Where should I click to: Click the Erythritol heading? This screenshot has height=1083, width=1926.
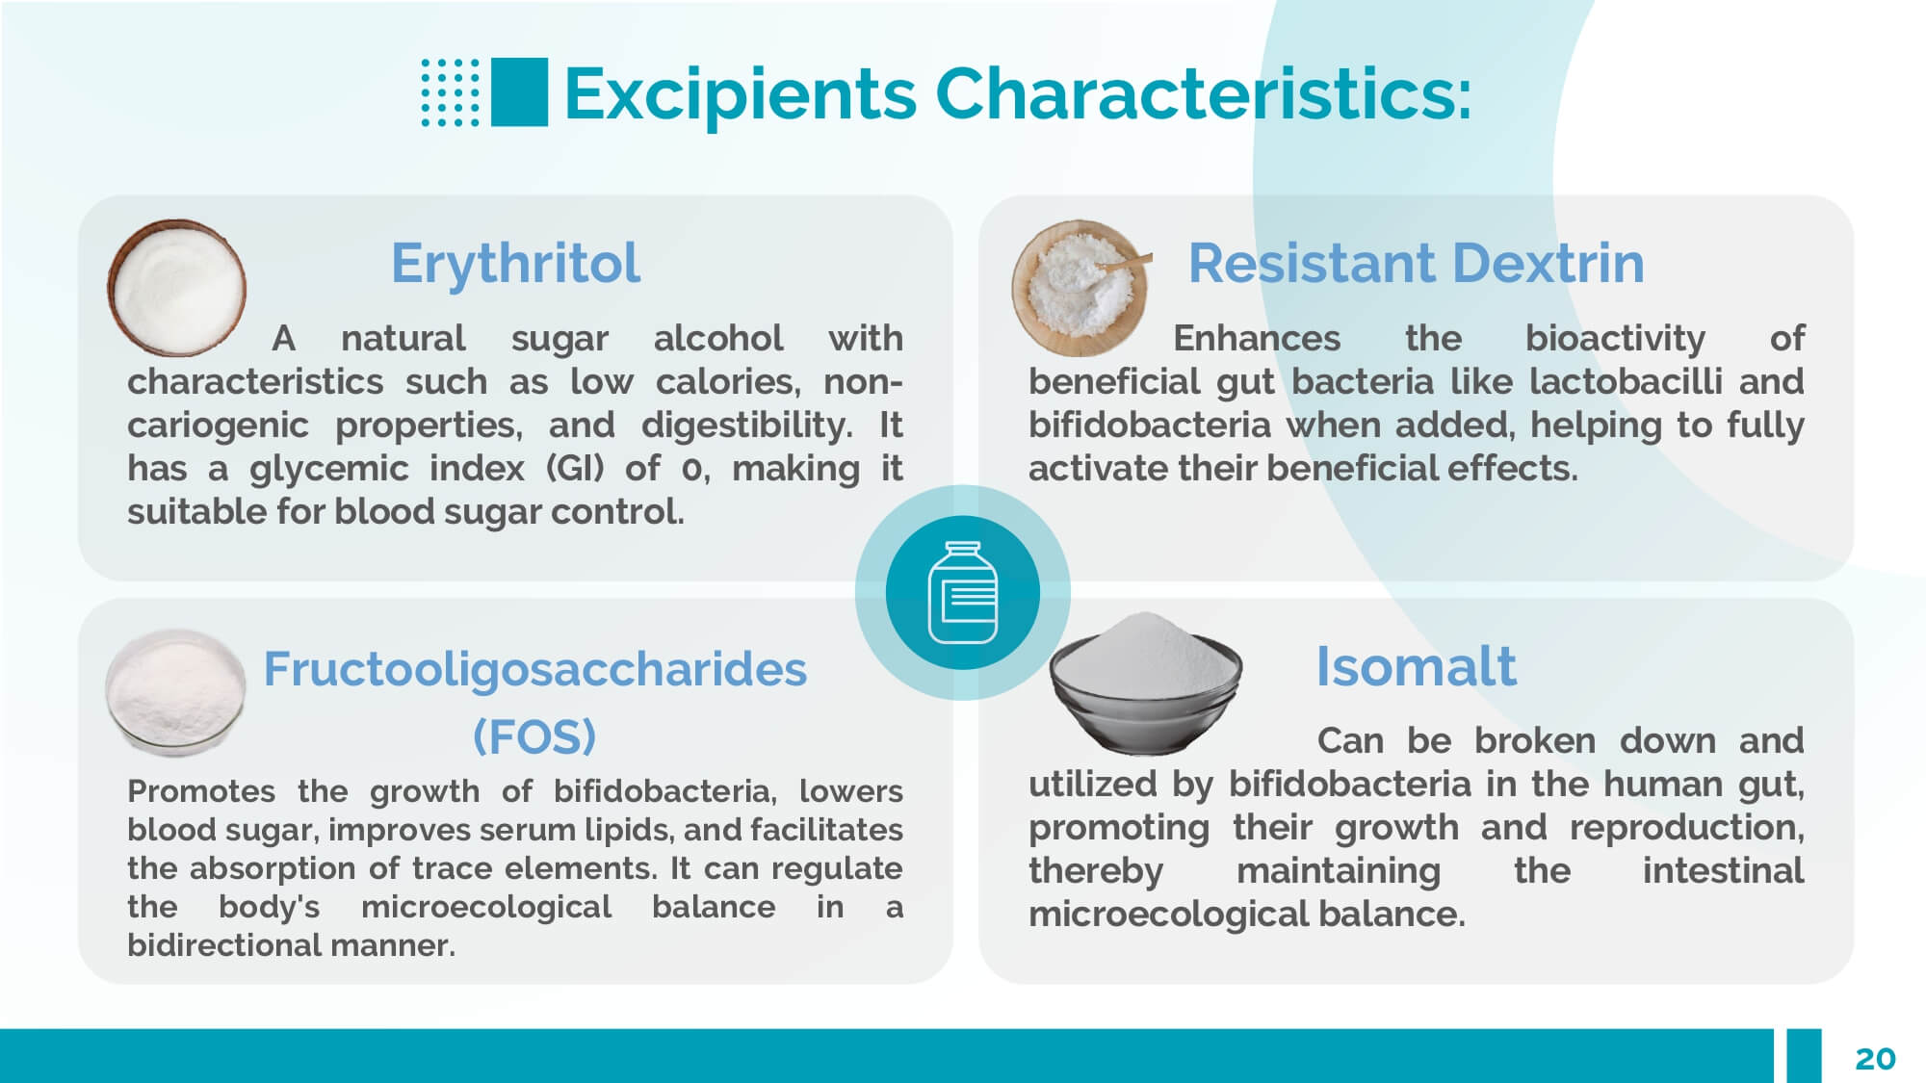(515, 264)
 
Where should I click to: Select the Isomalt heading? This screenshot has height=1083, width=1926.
(1416, 666)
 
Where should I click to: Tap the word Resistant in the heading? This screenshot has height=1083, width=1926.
(1312, 263)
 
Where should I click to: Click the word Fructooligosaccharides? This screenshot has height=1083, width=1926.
(534, 669)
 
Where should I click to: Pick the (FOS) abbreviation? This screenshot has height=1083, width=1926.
(534, 737)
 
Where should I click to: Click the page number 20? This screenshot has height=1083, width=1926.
(1875, 1059)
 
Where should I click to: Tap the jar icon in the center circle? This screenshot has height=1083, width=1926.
(962, 592)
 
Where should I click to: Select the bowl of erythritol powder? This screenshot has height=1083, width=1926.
(176, 287)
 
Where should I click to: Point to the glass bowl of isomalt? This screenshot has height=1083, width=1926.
(1145, 683)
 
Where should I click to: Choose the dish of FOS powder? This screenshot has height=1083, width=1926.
(175, 691)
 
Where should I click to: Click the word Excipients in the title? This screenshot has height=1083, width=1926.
(741, 94)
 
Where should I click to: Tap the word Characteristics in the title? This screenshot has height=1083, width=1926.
(1204, 93)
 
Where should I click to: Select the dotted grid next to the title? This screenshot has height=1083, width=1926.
(450, 92)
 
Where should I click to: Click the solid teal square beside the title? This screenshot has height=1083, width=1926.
(519, 92)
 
